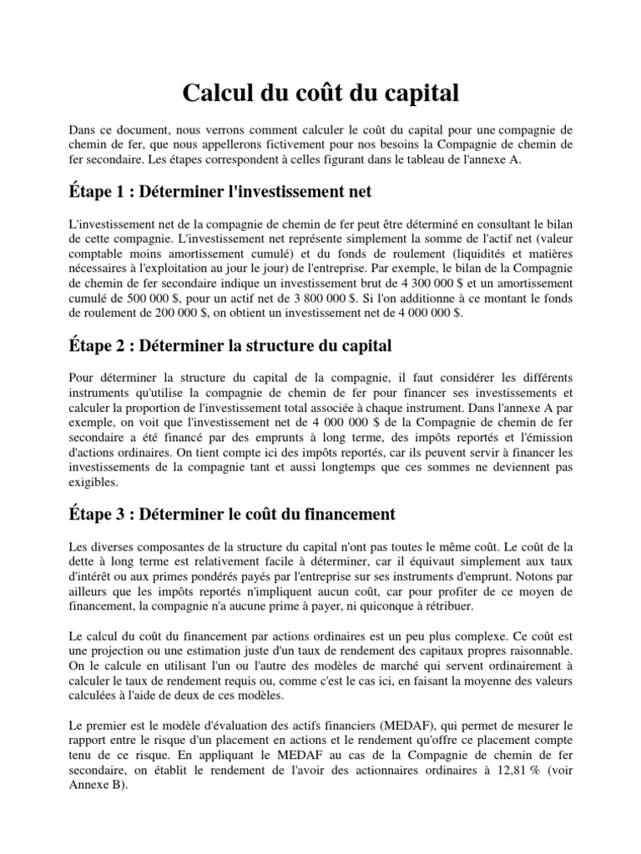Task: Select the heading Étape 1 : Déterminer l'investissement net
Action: pyautogui.click(x=219, y=192)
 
